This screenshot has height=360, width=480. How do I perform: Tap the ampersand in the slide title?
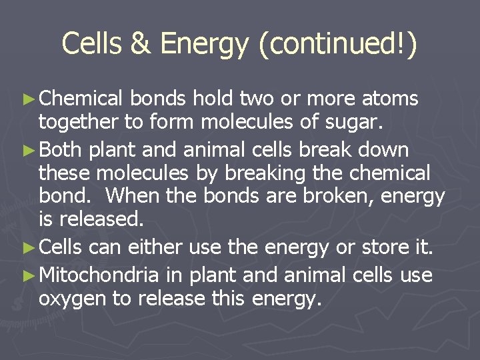click(x=141, y=44)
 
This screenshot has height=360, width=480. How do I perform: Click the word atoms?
click(x=390, y=99)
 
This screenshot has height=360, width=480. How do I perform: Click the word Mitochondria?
click(x=99, y=275)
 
